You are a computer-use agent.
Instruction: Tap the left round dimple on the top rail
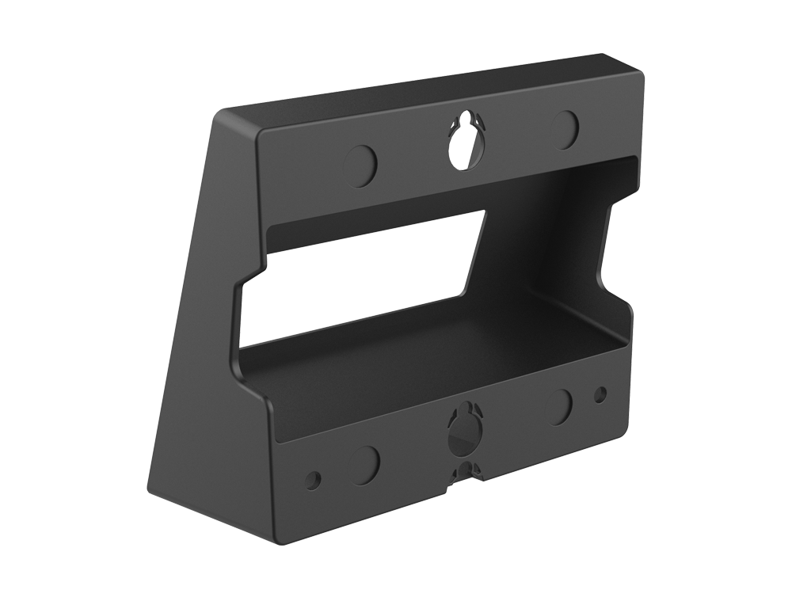pos(362,161)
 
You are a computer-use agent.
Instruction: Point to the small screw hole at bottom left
pos(314,478)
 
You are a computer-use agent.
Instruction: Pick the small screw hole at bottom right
pos(600,392)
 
